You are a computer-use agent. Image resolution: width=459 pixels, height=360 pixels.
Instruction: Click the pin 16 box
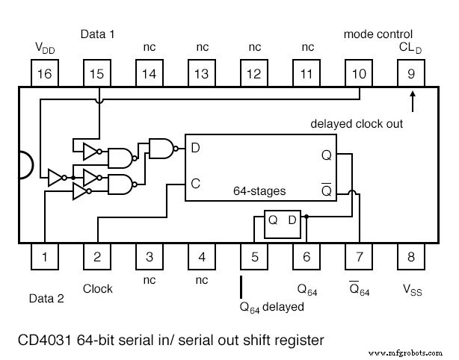[45, 74]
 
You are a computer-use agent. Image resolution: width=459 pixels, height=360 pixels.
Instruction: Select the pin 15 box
[97, 74]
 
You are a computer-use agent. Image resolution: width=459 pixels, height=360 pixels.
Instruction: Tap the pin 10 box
[359, 74]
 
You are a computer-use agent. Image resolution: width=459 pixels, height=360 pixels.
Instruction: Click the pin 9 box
[411, 74]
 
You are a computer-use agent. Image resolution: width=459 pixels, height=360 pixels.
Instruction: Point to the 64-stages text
[259, 191]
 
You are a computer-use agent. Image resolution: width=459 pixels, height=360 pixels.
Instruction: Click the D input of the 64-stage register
[195, 148]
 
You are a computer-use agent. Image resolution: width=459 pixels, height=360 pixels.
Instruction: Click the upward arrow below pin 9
[411, 99]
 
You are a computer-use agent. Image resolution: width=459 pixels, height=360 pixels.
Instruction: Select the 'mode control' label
[378, 34]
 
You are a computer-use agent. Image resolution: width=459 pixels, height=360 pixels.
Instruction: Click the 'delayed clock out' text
[357, 124]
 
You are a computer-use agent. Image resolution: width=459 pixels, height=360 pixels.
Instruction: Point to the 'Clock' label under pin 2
[97, 288]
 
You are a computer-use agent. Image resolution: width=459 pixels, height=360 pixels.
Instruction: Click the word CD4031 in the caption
[44, 340]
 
